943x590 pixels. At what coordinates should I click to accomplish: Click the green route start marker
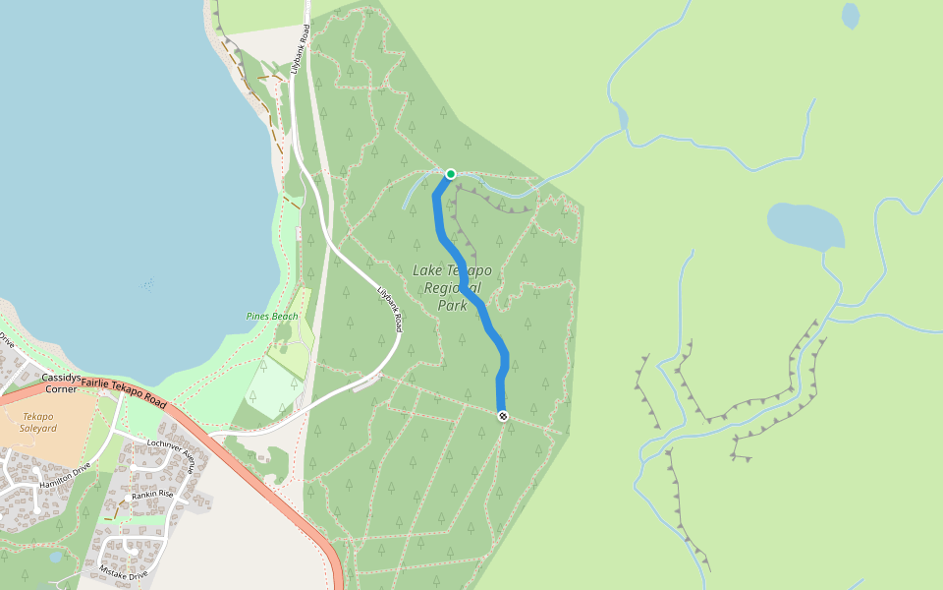(x=451, y=174)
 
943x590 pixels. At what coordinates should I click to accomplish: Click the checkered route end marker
(x=503, y=416)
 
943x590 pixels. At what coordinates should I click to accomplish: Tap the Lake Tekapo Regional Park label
(x=453, y=287)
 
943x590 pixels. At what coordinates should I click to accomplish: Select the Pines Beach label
(x=271, y=316)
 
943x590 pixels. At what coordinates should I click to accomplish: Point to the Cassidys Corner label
(x=61, y=383)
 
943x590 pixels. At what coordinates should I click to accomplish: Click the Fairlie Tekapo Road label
(x=124, y=391)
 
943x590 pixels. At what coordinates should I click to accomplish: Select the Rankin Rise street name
(x=151, y=494)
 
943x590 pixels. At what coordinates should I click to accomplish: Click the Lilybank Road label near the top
(x=305, y=45)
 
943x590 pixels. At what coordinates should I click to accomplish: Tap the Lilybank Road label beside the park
(x=391, y=309)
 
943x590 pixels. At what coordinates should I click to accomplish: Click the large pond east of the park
(x=805, y=225)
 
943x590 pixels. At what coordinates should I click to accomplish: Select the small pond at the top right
(x=851, y=15)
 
